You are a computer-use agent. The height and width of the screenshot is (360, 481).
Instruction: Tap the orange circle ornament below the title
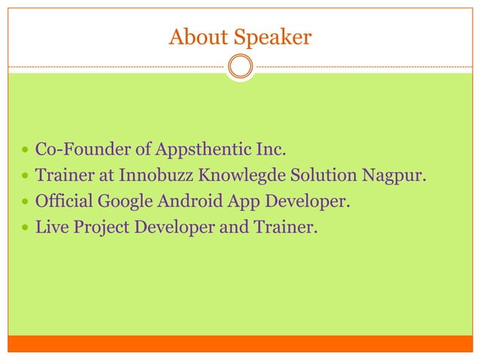coord(240,66)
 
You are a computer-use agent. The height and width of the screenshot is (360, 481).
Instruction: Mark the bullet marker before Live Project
coord(26,227)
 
